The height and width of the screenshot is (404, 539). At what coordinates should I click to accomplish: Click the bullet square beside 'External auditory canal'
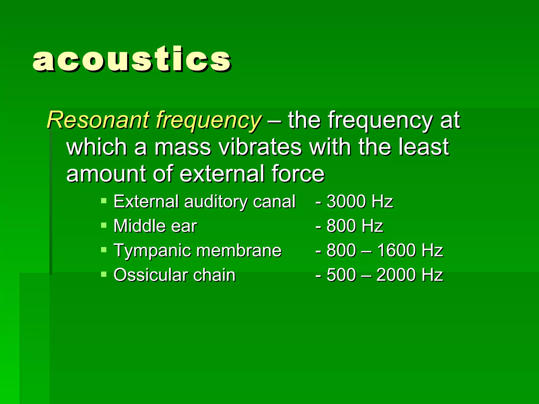(x=104, y=201)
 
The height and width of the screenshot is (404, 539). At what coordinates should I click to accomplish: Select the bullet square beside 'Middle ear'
(x=104, y=225)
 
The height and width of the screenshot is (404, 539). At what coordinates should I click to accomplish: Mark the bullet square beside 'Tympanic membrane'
(x=104, y=250)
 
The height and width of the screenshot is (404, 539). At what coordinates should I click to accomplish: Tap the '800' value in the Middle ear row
(x=341, y=226)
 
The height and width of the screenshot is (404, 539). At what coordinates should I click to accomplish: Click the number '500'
(x=341, y=275)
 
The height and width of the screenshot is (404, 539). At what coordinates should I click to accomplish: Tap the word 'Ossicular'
(x=150, y=275)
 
